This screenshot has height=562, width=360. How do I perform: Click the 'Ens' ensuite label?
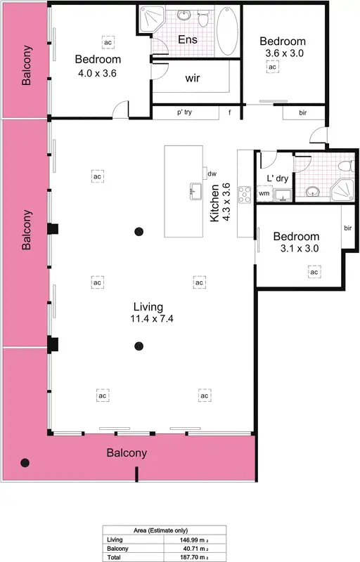coord(187,40)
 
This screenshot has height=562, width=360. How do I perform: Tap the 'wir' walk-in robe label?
coord(192,79)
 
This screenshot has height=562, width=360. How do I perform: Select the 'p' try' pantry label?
coord(184,112)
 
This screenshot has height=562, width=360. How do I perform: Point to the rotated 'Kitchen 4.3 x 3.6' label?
coord(221,202)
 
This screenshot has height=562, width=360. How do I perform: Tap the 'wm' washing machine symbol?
coord(264,192)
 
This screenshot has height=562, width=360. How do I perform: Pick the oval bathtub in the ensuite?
coord(226,31)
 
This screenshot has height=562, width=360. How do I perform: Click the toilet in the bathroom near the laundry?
coord(345,166)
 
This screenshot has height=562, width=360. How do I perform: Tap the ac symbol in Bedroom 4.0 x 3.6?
coord(108,43)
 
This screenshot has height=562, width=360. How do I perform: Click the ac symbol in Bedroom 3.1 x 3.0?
coord(314,272)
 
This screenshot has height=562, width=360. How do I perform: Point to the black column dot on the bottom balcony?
coord(26,462)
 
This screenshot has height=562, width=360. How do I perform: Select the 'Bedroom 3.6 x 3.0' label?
coord(283,46)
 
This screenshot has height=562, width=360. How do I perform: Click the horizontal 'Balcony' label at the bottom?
coord(127,453)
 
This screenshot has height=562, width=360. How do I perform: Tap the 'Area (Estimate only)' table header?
coord(160,530)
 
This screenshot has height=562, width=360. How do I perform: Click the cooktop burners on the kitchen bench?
coord(245,195)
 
